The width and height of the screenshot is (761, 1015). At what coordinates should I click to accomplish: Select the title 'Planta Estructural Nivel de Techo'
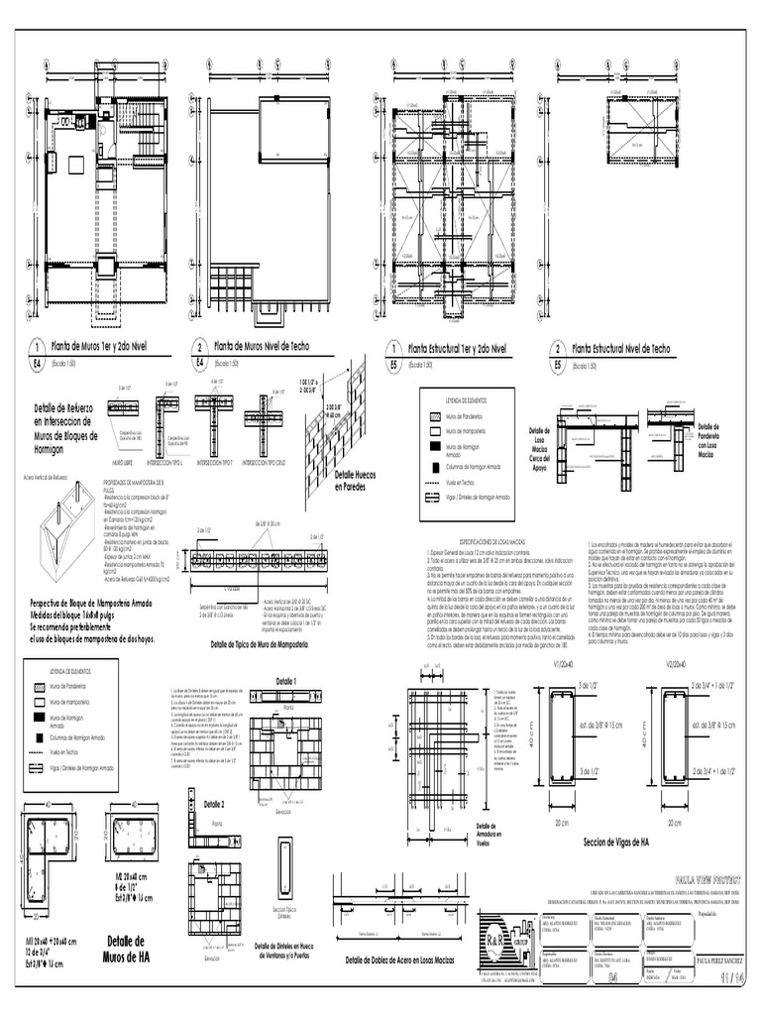pyautogui.click(x=620, y=350)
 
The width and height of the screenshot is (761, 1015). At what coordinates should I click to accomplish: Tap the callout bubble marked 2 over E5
pyautogui.click(x=558, y=350)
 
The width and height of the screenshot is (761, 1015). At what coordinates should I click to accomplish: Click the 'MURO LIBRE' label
pyautogui.click(x=124, y=462)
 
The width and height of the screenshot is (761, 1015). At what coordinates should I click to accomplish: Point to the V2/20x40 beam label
pyautogui.click(x=677, y=664)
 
